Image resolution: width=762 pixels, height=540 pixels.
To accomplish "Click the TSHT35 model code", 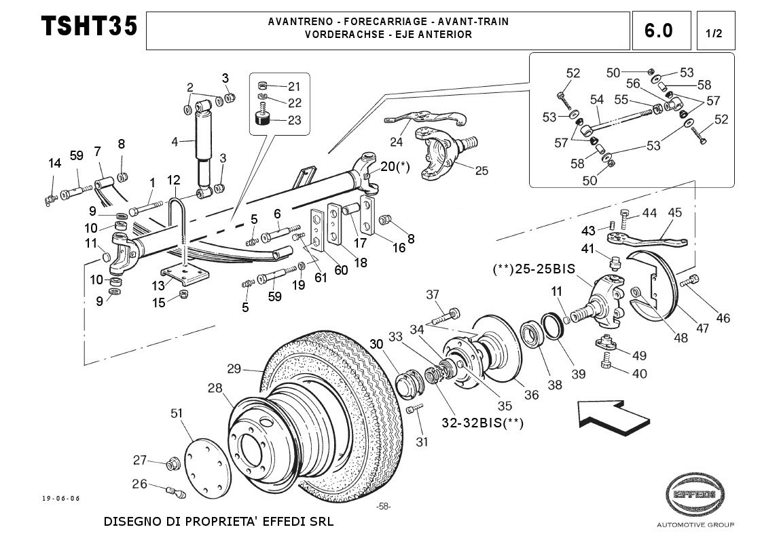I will click(89, 27).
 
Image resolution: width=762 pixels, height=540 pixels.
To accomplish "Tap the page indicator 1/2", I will click(714, 33).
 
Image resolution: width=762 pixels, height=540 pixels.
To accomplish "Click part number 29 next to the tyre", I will click(234, 369).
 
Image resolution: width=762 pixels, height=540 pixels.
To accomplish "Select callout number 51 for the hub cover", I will click(177, 413).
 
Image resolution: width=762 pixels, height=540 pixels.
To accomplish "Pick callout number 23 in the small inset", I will click(294, 121).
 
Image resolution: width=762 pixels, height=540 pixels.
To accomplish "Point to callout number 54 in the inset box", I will click(597, 100).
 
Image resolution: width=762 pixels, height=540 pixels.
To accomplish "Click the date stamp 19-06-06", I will click(61, 499).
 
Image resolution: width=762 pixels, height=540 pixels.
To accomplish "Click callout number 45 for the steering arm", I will click(674, 213).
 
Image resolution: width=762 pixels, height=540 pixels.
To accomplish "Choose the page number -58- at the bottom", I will click(383, 506).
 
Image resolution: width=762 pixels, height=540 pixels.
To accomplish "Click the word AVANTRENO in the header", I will click(296, 22).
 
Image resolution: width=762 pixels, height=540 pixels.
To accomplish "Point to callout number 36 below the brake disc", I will click(532, 394).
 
